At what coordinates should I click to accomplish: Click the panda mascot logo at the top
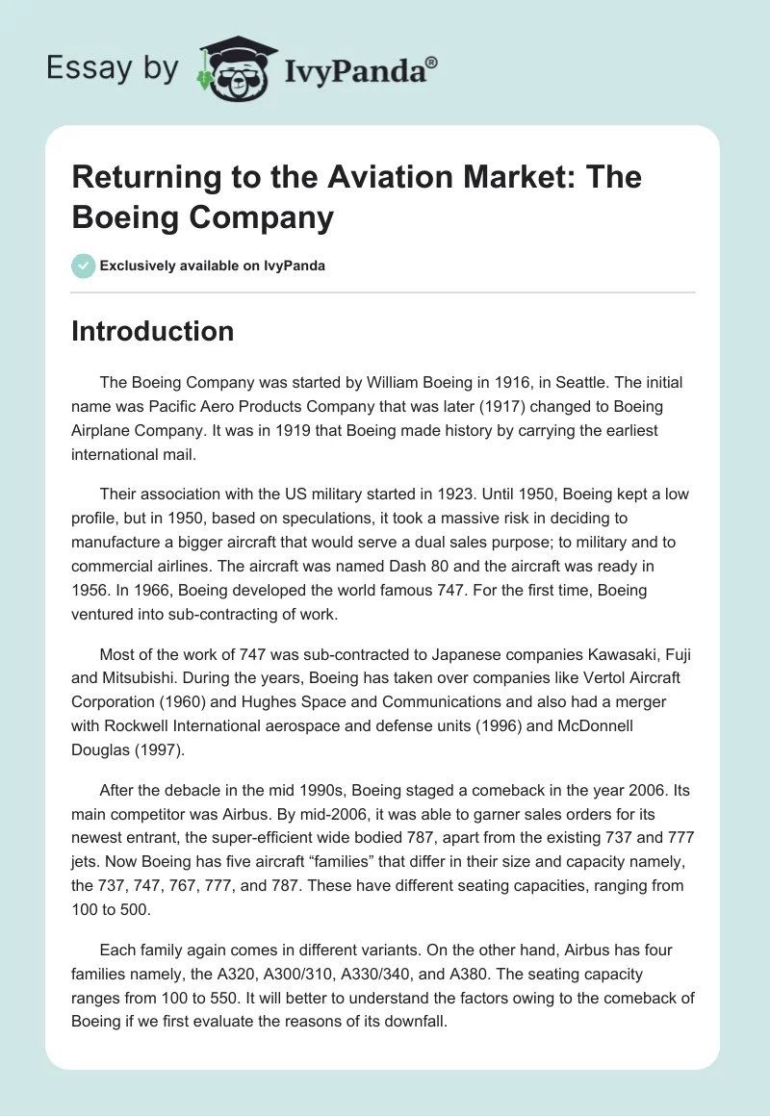point(237,67)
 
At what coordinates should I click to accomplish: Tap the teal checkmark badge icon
point(83,266)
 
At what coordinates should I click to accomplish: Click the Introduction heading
point(153,331)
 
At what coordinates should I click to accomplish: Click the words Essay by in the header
point(112,68)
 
